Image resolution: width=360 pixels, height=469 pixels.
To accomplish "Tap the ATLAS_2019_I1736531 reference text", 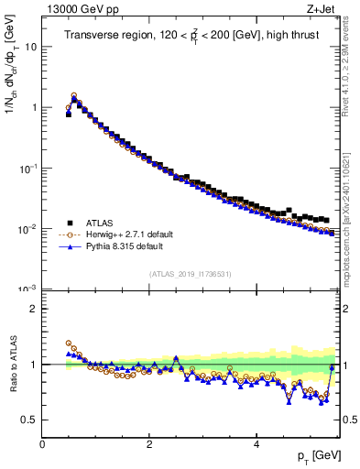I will coord(190,274).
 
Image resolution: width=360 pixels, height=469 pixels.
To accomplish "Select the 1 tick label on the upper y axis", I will coord(34,107).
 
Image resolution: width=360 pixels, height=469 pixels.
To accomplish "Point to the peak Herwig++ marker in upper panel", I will coord(74,95).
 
